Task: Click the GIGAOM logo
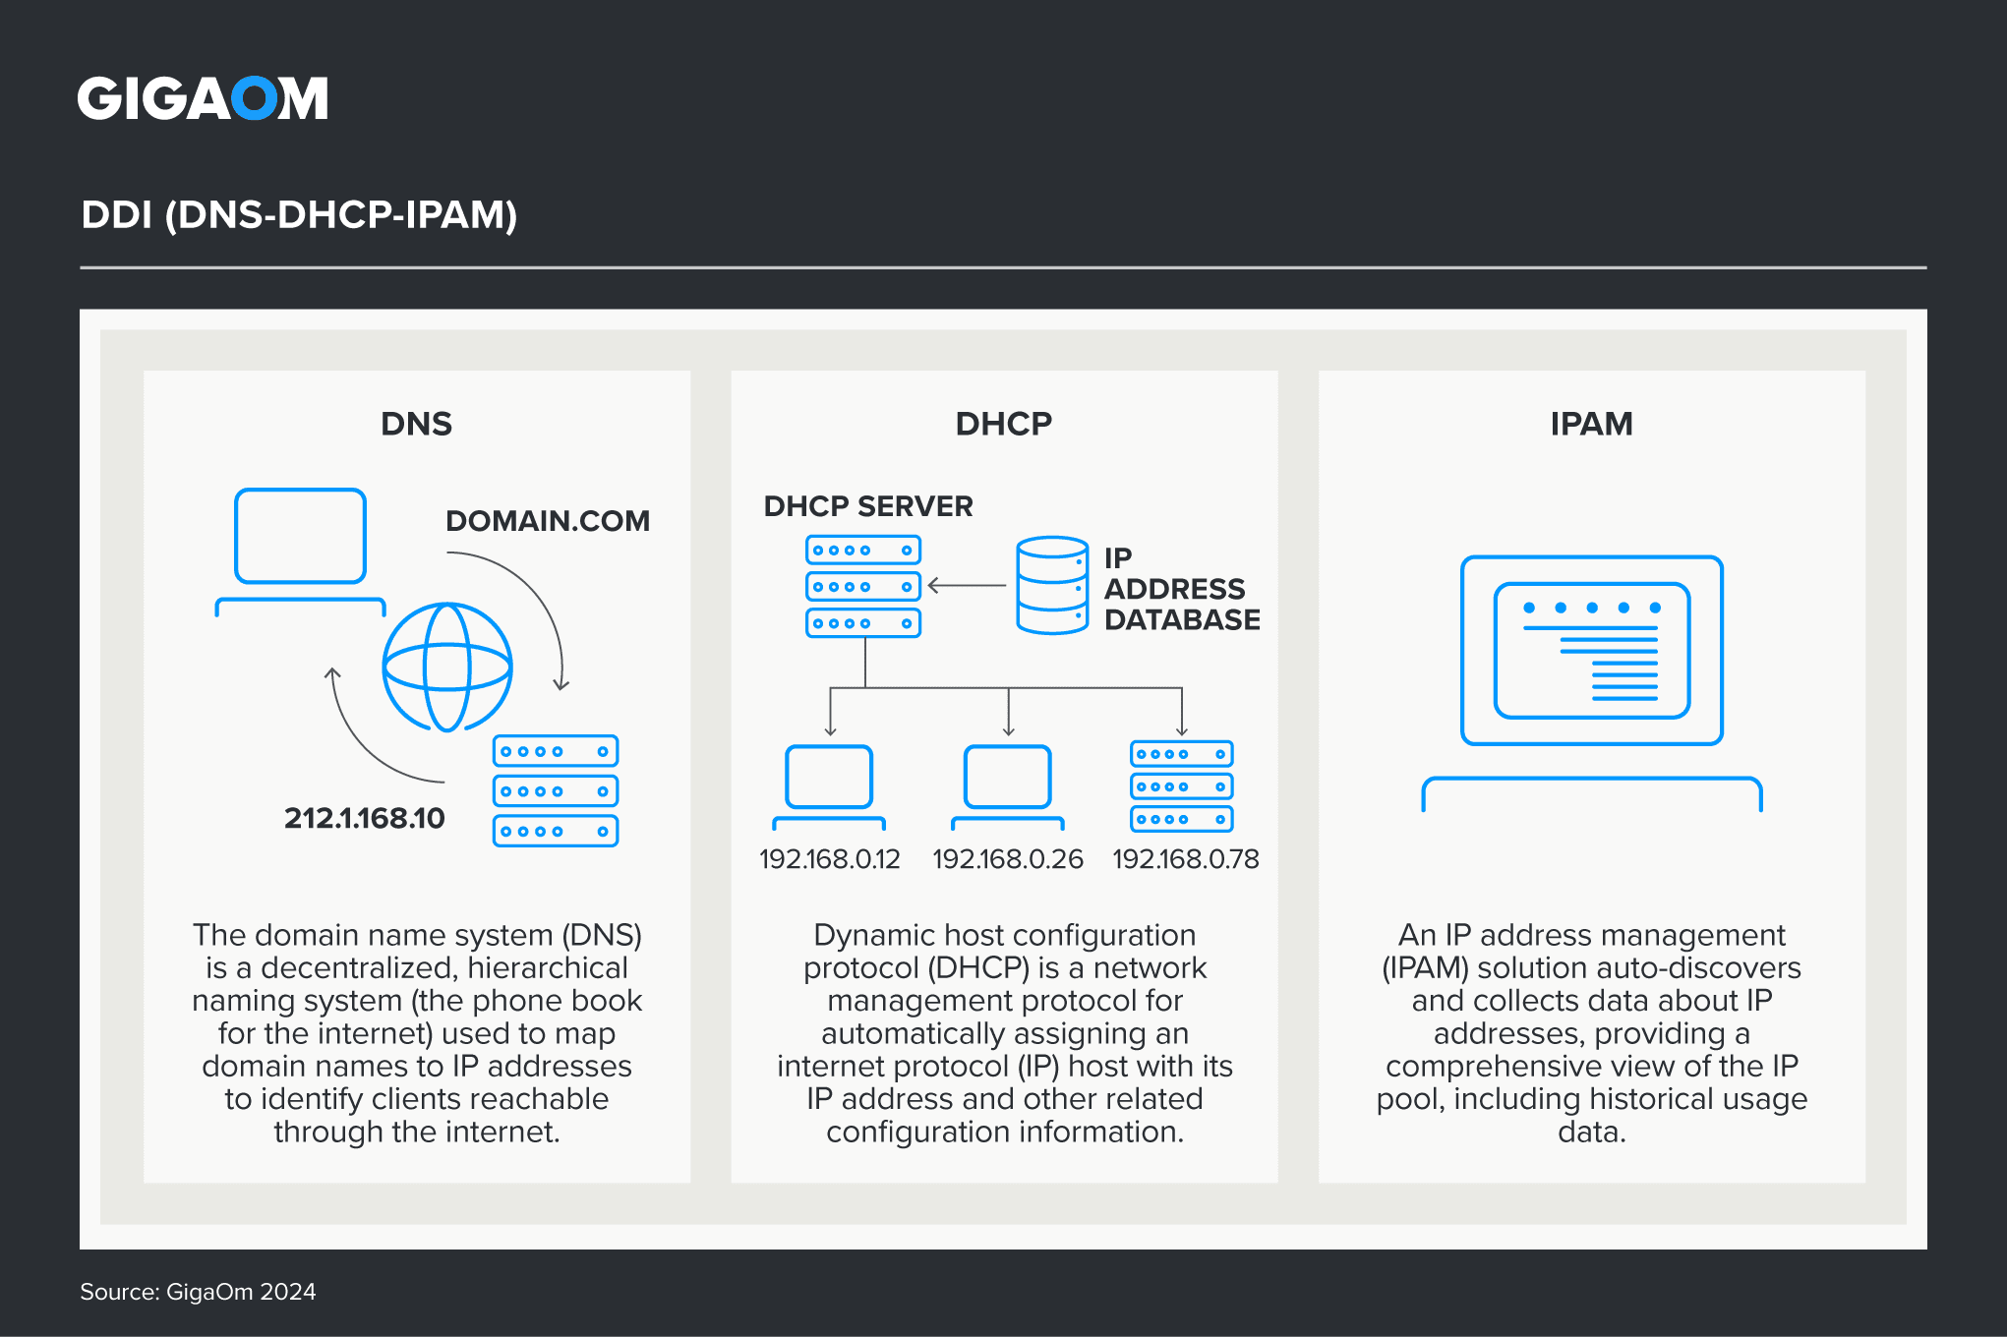pos(203,98)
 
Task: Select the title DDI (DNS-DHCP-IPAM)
pos(299,214)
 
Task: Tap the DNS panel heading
pos(416,424)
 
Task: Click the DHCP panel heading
pos(1003,424)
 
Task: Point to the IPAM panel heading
pos(1591,424)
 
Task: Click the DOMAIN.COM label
pos(548,521)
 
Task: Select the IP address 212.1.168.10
pos(364,818)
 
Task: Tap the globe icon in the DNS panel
pos(447,668)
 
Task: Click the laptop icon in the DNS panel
pos(301,551)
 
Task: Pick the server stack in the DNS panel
pos(556,790)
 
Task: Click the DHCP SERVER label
pos(868,506)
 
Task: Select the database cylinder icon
pos(1052,585)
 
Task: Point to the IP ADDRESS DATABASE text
pos(1181,589)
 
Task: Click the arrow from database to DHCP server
pos(967,586)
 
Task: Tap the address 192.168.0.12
pos(829,859)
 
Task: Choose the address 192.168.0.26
pos(1007,859)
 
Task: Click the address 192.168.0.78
pos(1185,859)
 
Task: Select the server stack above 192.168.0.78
pos(1181,786)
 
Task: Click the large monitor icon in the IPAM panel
pos(1591,678)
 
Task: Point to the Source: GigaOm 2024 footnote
pos(198,1292)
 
